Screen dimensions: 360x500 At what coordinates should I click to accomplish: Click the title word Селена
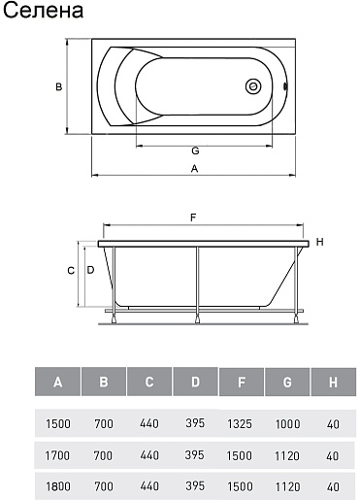43,11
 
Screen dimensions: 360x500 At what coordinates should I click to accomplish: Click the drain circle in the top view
253,86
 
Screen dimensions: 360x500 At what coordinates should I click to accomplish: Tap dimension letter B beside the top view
58,86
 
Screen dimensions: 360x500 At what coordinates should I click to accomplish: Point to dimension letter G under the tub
195,150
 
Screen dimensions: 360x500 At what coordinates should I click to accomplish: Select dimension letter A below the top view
194,169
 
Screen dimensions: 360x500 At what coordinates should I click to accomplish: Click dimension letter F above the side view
193,217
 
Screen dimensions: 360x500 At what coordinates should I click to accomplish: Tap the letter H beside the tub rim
319,242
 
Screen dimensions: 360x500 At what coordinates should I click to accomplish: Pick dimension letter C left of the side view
71,271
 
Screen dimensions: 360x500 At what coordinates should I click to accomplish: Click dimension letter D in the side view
90,270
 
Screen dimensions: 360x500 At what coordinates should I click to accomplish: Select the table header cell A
57,382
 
